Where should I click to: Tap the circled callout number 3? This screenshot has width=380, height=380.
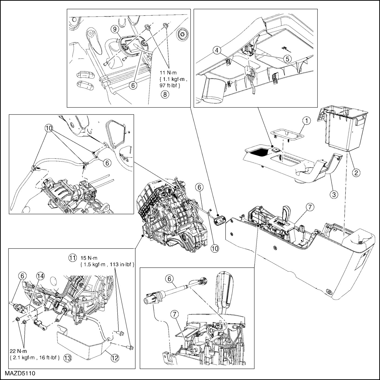(334, 194)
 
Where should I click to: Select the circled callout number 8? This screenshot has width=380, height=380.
(164, 94)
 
